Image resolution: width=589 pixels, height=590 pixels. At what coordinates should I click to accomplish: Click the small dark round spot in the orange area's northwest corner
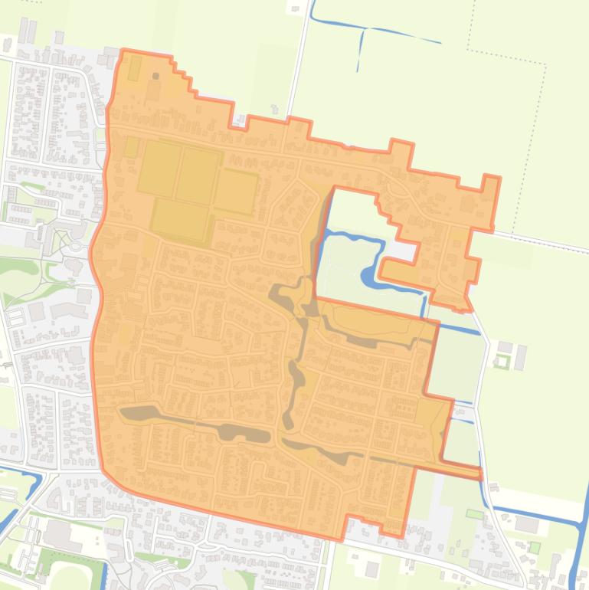pos(156,76)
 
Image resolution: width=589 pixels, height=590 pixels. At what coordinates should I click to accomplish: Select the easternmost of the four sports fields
pos(236,191)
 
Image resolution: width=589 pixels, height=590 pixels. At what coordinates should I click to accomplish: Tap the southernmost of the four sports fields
pos(180,218)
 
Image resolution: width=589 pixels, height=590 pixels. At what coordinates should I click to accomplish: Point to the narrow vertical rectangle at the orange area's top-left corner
pos(135,68)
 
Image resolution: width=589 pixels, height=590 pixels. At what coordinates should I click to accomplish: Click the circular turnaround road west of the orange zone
pos(76,247)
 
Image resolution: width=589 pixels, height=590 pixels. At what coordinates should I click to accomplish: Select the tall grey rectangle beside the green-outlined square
pos(520,357)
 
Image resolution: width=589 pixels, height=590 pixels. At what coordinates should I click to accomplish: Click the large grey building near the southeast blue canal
pos(526,524)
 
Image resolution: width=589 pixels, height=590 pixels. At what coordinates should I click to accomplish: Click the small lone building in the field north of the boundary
pos(295,8)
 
